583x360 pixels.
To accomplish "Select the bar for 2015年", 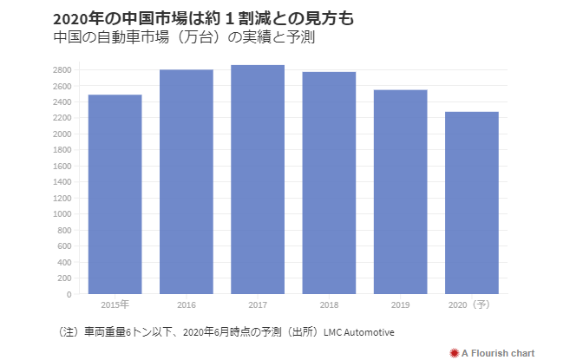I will tap(115, 194).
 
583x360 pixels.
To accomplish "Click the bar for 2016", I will tap(186, 181).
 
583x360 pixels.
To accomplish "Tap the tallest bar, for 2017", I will tap(258, 180).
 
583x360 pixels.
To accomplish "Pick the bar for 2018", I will tap(329, 183).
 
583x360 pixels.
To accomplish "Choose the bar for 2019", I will tap(400, 192).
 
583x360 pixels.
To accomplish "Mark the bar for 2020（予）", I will tap(471, 203).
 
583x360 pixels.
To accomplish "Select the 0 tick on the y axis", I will tap(68, 294).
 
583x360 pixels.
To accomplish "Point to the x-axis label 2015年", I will tap(115, 305).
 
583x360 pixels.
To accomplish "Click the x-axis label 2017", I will tap(258, 305).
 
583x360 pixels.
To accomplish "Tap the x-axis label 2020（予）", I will tap(471, 305).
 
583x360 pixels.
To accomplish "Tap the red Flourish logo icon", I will tap(453, 351).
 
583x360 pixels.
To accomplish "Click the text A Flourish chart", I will tap(498, 351).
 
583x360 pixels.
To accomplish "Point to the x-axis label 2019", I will tap(400, 305).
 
